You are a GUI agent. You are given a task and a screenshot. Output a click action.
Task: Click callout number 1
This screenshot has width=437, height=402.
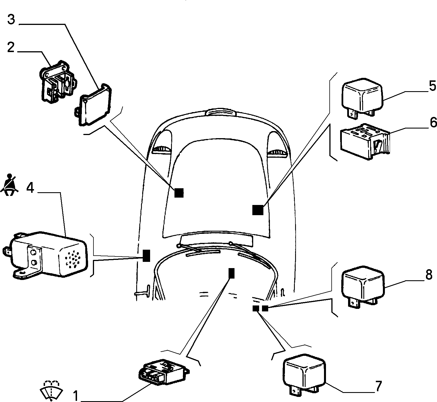(x=76, y=396)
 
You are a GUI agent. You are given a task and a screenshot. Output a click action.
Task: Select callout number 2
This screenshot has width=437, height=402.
(x=11, y=47)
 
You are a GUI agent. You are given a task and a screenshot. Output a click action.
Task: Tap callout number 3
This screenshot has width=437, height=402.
(x=11, y=20)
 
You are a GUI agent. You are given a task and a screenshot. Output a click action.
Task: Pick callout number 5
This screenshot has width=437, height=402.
(x=432, y=85)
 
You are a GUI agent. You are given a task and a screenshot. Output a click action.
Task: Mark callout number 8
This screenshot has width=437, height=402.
(x=429, y=274)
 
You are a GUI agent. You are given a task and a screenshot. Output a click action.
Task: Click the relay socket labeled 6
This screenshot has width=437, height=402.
(x=365, y=141)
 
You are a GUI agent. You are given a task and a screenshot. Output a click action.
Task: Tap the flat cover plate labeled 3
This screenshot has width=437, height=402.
(x=95, y=104)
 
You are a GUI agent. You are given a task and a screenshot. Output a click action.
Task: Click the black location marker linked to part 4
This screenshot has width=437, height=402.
(x=146, y=256)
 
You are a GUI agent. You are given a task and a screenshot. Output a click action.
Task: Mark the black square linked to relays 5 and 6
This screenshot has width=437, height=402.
(x=258, y=210)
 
